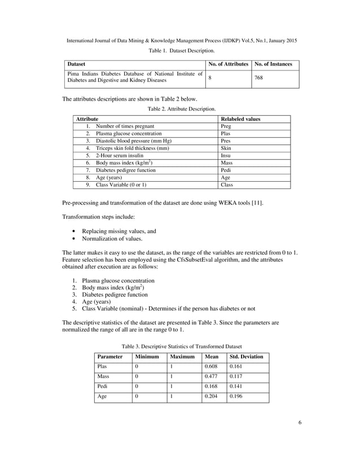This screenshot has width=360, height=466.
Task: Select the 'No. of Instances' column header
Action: coord(273,64)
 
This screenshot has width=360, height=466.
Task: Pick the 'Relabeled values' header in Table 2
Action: coord(240,119)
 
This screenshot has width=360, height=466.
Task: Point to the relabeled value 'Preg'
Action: coord(225,126)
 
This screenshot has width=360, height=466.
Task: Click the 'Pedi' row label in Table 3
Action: coord(103,386)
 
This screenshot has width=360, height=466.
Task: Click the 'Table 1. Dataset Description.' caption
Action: coord(181,51)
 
